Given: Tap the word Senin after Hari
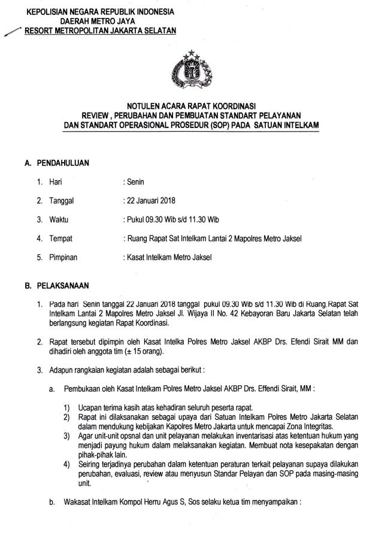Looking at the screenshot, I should pyautogui.click(x=132, y=181).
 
